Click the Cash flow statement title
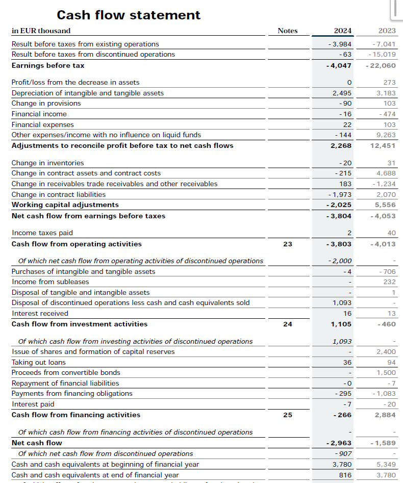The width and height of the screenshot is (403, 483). [129, 15]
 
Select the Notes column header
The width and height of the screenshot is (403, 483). [287, 31]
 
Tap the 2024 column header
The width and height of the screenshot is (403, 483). [342, 31]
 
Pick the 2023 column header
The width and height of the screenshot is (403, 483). [387, 31]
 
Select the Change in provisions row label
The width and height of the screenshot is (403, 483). [46, 104]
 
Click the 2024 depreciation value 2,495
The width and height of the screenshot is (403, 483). [342, 93]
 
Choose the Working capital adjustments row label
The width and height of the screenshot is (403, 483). [65, 205]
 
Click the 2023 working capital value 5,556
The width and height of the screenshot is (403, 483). [386, 205]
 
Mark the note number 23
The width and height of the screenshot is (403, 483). [288, 244]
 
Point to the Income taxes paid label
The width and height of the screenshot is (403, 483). [42, 233]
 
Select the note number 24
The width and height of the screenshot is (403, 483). [288, 324]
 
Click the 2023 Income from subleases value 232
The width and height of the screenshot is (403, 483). [390, 282]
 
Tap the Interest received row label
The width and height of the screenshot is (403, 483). [40, 314]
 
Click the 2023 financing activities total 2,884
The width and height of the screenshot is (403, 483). [385, 415]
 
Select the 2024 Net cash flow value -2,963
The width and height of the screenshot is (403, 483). [339, 443]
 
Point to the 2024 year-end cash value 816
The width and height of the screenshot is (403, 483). [345, 475]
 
